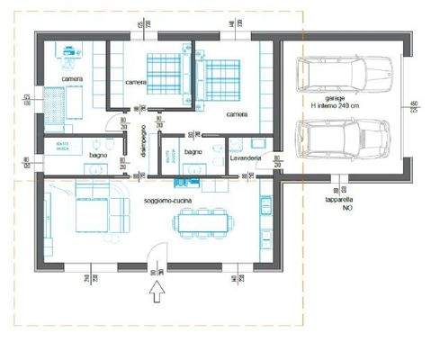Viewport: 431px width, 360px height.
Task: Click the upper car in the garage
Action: coord(340,72)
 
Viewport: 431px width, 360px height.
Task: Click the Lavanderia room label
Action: coord(246,158)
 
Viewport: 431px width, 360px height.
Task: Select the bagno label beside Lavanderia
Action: coord(193,153)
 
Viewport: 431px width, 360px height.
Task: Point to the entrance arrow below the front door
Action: coord(157,291)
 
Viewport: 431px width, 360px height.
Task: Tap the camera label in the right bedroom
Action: coord(238,114)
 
